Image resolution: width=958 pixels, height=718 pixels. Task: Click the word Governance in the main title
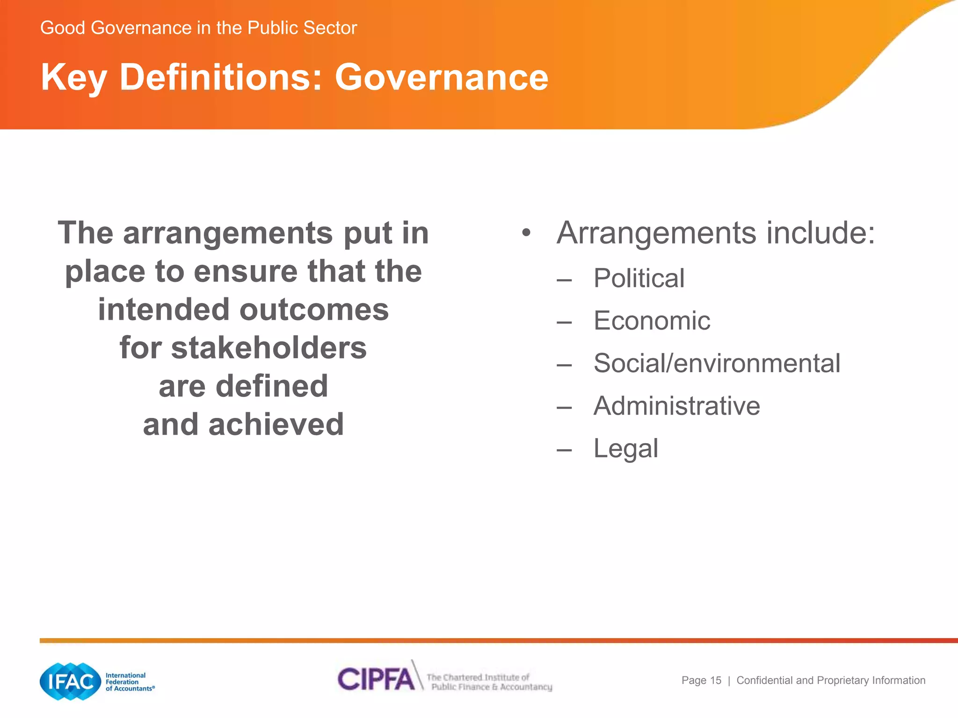[441, 77]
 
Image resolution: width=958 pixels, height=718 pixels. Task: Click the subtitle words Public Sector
[302, 28]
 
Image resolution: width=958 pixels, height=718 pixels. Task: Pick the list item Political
[639, 279]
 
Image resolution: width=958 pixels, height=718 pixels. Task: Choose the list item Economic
[652, 321]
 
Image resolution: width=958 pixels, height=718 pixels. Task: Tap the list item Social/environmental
[717, 363]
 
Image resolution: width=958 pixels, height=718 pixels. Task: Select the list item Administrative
[676, 406]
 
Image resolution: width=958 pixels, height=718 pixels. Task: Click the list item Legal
[626, 449]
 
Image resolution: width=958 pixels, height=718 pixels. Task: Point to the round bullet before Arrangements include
[527, 233]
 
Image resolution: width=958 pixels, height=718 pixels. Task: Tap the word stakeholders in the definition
[269, 348]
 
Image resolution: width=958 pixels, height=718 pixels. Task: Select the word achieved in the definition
[276, 424]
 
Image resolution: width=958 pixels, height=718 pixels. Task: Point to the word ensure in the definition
[246, 272]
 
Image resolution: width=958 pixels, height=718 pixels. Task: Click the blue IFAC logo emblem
[70, 682]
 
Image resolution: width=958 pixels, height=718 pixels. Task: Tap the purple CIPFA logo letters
[376, 679]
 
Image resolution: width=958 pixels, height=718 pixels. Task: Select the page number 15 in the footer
[716, 681]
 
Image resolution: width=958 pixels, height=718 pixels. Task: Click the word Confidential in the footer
[765, 681]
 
